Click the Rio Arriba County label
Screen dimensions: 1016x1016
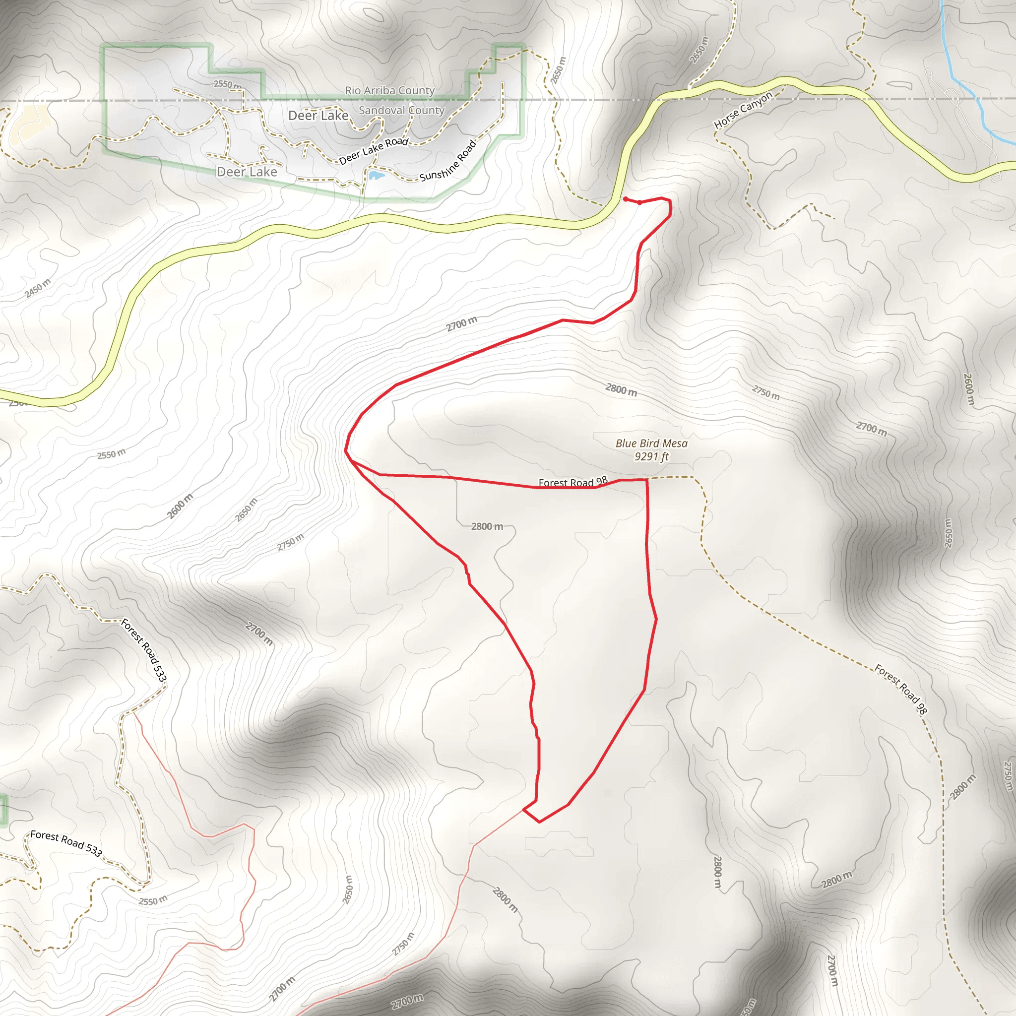point(389,90)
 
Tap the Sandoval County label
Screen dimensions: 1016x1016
point(401,111)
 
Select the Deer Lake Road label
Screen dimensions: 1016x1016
point(374,150)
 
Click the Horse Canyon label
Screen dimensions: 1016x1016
point(743,110)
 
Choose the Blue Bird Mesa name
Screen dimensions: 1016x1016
point(651,444)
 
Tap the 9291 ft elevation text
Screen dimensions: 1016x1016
point(651,456)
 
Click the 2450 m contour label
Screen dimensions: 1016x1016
point(38,288)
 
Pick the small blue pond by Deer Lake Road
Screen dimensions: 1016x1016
point(376,175)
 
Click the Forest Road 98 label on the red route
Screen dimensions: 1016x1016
point(572,482)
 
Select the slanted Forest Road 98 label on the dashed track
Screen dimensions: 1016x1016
point(900,689)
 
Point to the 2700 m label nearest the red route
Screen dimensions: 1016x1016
point(462,323)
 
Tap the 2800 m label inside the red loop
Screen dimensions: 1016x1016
point(487,526)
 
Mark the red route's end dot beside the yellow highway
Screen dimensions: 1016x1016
point(625,199)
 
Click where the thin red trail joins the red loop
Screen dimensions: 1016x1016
point(524,810)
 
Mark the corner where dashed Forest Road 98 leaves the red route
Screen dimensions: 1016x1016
point(647,480)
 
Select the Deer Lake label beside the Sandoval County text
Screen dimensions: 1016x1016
point(318,116)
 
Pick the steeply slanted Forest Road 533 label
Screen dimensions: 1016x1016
point(143,650)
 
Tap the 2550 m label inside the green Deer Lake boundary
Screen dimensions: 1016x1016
point(227,84)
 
